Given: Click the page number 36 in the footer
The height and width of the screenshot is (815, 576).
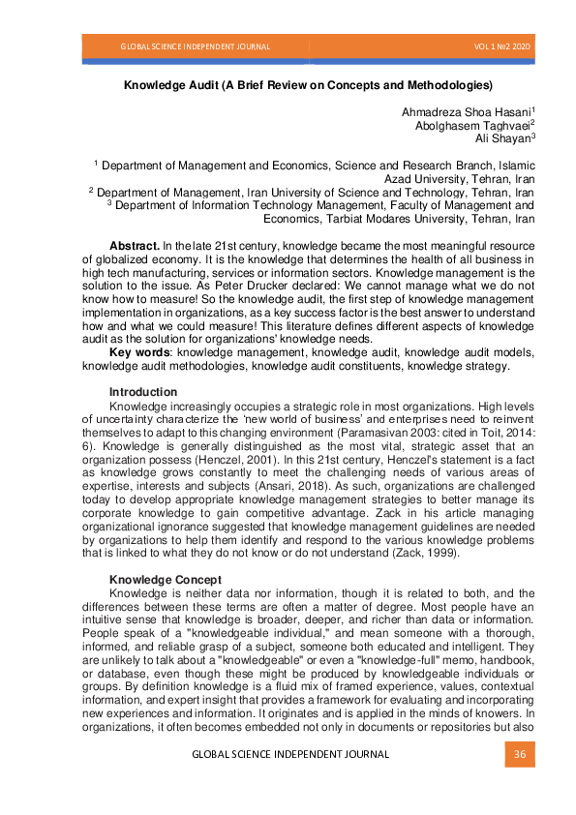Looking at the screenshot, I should pos(519,755).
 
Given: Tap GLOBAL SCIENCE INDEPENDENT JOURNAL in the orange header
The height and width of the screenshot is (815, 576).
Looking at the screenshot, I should pos(195,46).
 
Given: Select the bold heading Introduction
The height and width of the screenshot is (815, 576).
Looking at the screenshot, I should pos(142,391).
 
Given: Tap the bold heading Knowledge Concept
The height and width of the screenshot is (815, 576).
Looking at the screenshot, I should pos(166,579).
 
